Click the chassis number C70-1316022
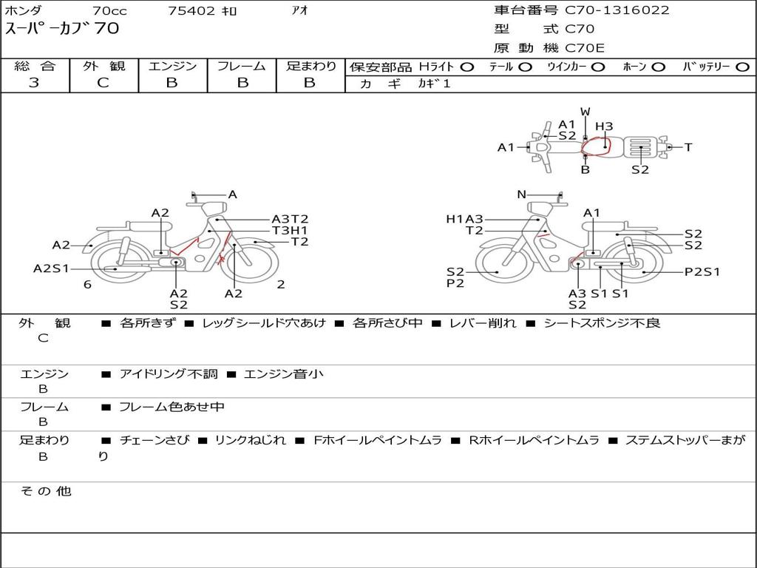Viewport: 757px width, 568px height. point(617,10)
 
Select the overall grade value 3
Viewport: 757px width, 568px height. point(34,83)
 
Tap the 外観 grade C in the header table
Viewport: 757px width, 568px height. point(103,83)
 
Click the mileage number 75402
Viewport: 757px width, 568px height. point(191,10)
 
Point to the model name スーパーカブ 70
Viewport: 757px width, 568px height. point(61,28)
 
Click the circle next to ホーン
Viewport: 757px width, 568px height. point(658,67)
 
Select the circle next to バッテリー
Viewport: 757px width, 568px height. point(742,67)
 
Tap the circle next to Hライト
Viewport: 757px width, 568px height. point(467,67)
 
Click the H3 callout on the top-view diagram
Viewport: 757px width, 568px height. point(604,126)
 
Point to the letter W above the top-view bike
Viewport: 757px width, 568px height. point(585,112)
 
